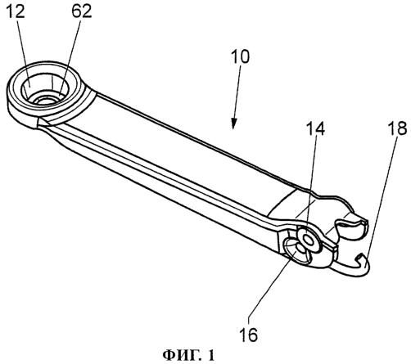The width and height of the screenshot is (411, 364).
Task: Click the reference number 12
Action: click(x=16, y=11)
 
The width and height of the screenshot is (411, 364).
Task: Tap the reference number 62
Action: click(x=82, y=11)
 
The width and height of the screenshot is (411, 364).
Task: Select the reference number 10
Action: click(x=240, y=56)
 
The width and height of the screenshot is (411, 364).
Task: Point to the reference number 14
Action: click(x=315, y=129)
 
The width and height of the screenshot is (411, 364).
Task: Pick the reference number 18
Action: click(x=397, y=128)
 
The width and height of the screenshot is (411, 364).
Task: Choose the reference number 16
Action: click(x=248, y=335)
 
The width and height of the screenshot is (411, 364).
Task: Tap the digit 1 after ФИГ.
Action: click(x=211, y=356)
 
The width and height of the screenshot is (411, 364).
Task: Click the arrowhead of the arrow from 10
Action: click(x=233, y=124)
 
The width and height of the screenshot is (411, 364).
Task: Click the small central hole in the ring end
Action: click(x=44, y=100)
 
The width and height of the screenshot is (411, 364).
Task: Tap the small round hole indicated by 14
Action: click(x=309, y=240)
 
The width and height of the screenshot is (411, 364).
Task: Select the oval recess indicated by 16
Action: click(x=296, y=252)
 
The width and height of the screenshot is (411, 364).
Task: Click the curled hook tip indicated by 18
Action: click(x=363, y=262)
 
